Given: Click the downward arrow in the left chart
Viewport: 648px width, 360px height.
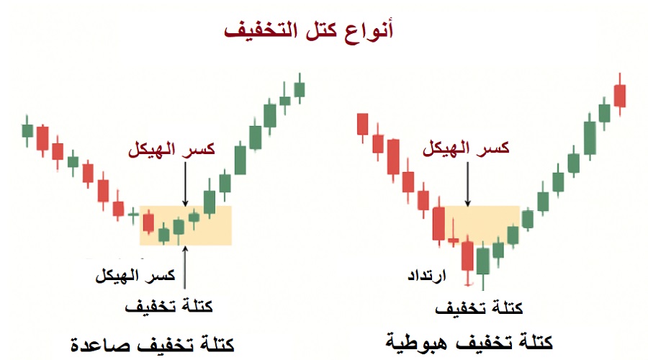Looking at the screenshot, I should tap(185, 184).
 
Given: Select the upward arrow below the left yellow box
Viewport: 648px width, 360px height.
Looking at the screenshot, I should tap(185, 266).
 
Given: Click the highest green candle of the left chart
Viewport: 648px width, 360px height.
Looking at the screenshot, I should tap(300, 89).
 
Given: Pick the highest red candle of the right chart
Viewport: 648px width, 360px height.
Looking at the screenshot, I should tap(619, 95).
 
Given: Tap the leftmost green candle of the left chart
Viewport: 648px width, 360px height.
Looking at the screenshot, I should tap(27, 130).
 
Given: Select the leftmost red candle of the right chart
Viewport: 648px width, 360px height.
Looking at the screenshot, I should tap(363, 123).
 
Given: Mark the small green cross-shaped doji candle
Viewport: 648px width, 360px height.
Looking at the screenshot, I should tap(132, 214).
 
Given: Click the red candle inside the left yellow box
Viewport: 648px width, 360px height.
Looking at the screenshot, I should tap(148, 222).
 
